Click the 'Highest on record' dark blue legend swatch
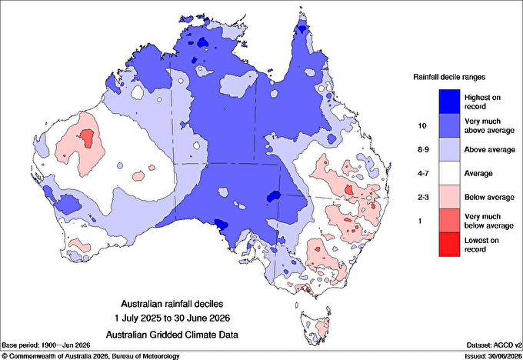click(449, 102)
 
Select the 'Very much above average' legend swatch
click(449, 125)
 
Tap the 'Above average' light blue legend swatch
click(449, 149)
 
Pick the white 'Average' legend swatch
click(449, 173)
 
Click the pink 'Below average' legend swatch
click(449, 197)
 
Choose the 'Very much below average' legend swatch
click(449, 221)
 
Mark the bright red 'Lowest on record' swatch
click(449, 244)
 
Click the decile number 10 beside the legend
click(422, 126)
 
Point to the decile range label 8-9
click(423, 150)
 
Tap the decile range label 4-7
click(423, 174)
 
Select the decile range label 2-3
click(423, 197)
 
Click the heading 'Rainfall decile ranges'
click(449, 77)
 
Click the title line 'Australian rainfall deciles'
click(172, 304)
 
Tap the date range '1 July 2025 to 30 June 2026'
click(172, 318)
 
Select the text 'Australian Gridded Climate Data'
click(172, 335)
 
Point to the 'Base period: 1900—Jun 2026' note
click(46, 345)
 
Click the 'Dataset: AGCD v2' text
click(494, 345)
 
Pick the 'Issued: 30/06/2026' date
click(493, 356)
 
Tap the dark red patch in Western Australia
click(88, 138)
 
